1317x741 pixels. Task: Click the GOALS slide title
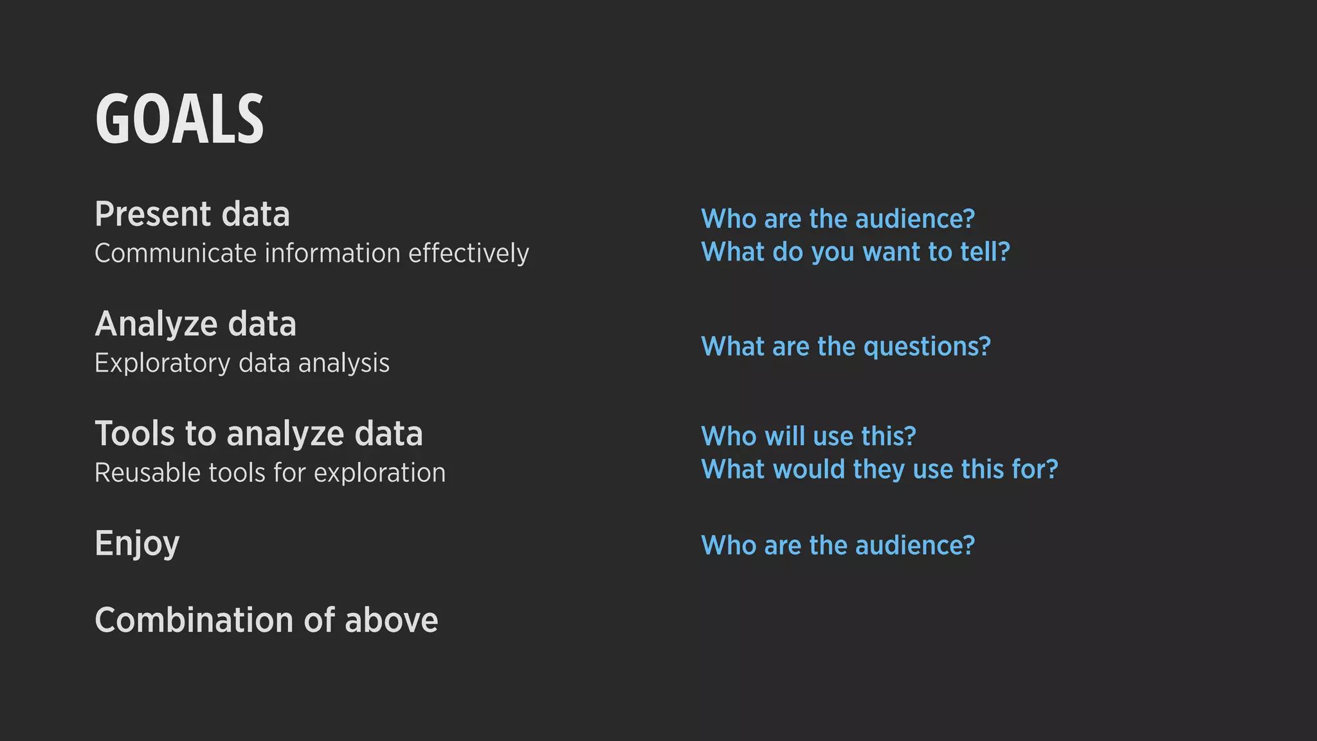pyautogui.click(x=179, y=119)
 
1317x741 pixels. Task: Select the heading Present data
pyautogui.click(x=192, y=214)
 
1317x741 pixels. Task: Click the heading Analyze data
pyautogui.click(x=195, y=324)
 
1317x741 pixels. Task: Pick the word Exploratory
pyautogui.click(x=162, y=363)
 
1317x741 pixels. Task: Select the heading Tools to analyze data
pyautogui.click(x=259, y=434)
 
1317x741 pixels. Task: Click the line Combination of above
pyautogui.click(x=266, y=620)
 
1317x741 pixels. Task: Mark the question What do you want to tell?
pyautogui.click(x=855, y=252)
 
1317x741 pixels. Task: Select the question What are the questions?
pyautogui.click(x=846, y=347)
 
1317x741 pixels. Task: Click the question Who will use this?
pyautogui.click(x=808, y=436)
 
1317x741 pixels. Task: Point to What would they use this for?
pyautogui.click(x=879, y=469)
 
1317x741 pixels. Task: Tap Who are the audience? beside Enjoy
pyautogui.click(x=837, y=545)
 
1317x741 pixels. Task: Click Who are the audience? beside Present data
pyautogui.click(x=837, y=219)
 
